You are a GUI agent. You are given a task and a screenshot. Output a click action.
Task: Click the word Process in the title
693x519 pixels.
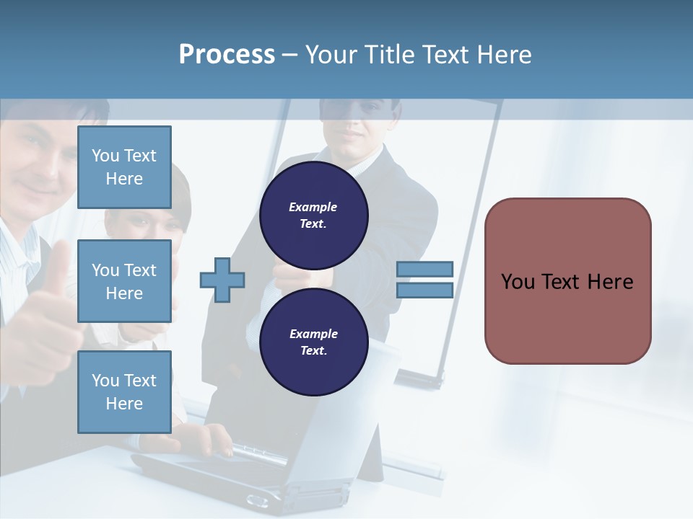[x=227, y=54]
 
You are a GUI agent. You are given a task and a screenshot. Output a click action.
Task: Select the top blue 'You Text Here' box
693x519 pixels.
[x=124, y=167]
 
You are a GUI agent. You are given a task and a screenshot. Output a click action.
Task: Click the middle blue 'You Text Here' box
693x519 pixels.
[x=124, y=281]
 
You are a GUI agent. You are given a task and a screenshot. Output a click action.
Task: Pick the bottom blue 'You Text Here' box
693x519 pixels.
[x=124, y=392]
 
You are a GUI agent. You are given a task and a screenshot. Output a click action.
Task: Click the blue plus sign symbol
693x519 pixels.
[x=222, y=279]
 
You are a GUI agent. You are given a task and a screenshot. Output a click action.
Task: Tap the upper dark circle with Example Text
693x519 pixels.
[x=314, y=216]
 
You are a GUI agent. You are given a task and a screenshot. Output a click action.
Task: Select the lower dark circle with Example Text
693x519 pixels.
[x=314, y=342]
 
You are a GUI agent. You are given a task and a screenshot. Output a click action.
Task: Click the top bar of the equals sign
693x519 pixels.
[x=425, y=269]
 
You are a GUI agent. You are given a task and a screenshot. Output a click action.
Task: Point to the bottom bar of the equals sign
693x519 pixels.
[x=425, y=290]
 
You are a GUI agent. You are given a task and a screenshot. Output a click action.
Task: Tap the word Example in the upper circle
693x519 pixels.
[x=313, y=207]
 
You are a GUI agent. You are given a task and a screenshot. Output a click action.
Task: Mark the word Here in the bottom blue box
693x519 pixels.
[x=124, y=404]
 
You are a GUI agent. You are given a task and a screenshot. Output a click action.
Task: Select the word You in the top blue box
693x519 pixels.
[x=105, y=156]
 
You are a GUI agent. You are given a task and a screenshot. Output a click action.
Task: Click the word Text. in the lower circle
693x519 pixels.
[x=313, y=351]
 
